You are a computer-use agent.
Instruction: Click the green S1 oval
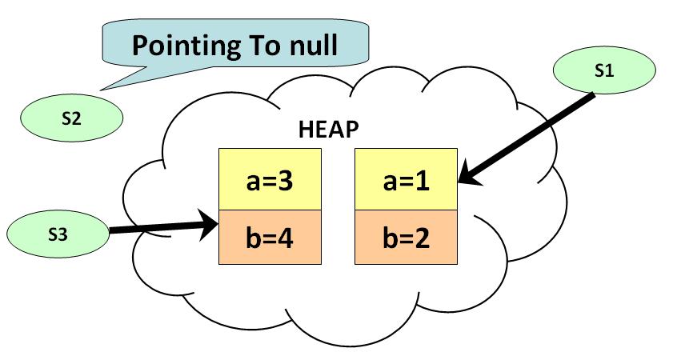[x=604, y=71]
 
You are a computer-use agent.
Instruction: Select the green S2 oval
[x=71, y=118]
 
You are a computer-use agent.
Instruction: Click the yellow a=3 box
[x=270, y=179]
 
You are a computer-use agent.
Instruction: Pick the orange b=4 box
[x=270, y=238]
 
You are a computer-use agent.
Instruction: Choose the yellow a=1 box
[x=407, y=179]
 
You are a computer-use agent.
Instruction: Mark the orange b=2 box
[x=407, y=238]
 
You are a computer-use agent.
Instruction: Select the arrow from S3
[x=160, y=228]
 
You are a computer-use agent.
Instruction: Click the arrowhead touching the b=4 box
[x=210, y=223]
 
